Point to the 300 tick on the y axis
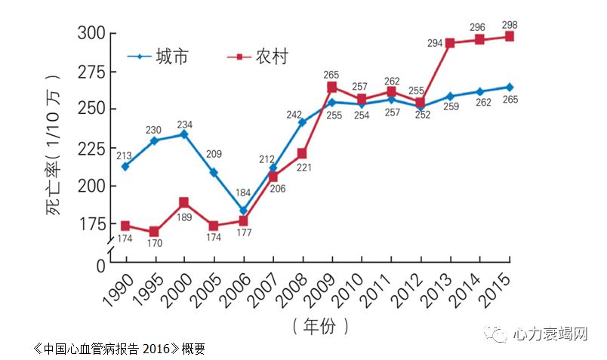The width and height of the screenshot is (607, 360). [93, 34]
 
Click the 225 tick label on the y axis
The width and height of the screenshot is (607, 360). [93, 148]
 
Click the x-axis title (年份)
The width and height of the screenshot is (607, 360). [320, 326]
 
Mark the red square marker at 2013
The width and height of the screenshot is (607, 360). [450, 43]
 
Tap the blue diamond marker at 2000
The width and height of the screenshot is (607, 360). [184, 134]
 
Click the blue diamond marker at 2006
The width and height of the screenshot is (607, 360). [243, 211]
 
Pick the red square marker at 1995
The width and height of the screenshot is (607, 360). [155, 232]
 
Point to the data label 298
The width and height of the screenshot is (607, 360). [509, 25]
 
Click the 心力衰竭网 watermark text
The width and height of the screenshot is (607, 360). [550, 334]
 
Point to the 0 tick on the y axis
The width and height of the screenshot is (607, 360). [100, 265]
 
